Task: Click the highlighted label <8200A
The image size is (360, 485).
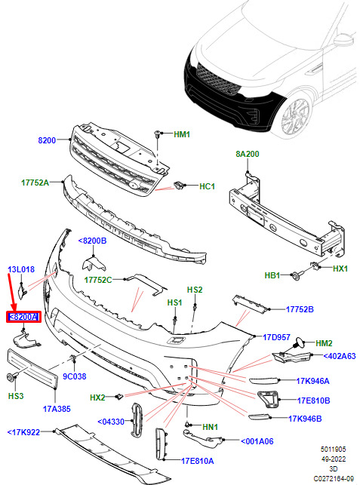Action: coord(23,317)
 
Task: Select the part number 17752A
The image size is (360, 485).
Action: coord(35,183)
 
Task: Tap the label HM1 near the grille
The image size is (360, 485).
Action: coord(182,134)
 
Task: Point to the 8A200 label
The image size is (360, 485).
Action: coord(248,154)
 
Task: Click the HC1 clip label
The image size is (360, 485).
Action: coord(207,186)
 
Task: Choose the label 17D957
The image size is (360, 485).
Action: coord(276,337)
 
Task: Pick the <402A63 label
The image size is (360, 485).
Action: coord(340,356)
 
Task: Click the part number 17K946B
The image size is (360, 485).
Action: coord(305,419)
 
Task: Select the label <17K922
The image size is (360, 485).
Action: coord(23,432)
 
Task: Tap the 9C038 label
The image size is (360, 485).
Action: coord(74,376)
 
